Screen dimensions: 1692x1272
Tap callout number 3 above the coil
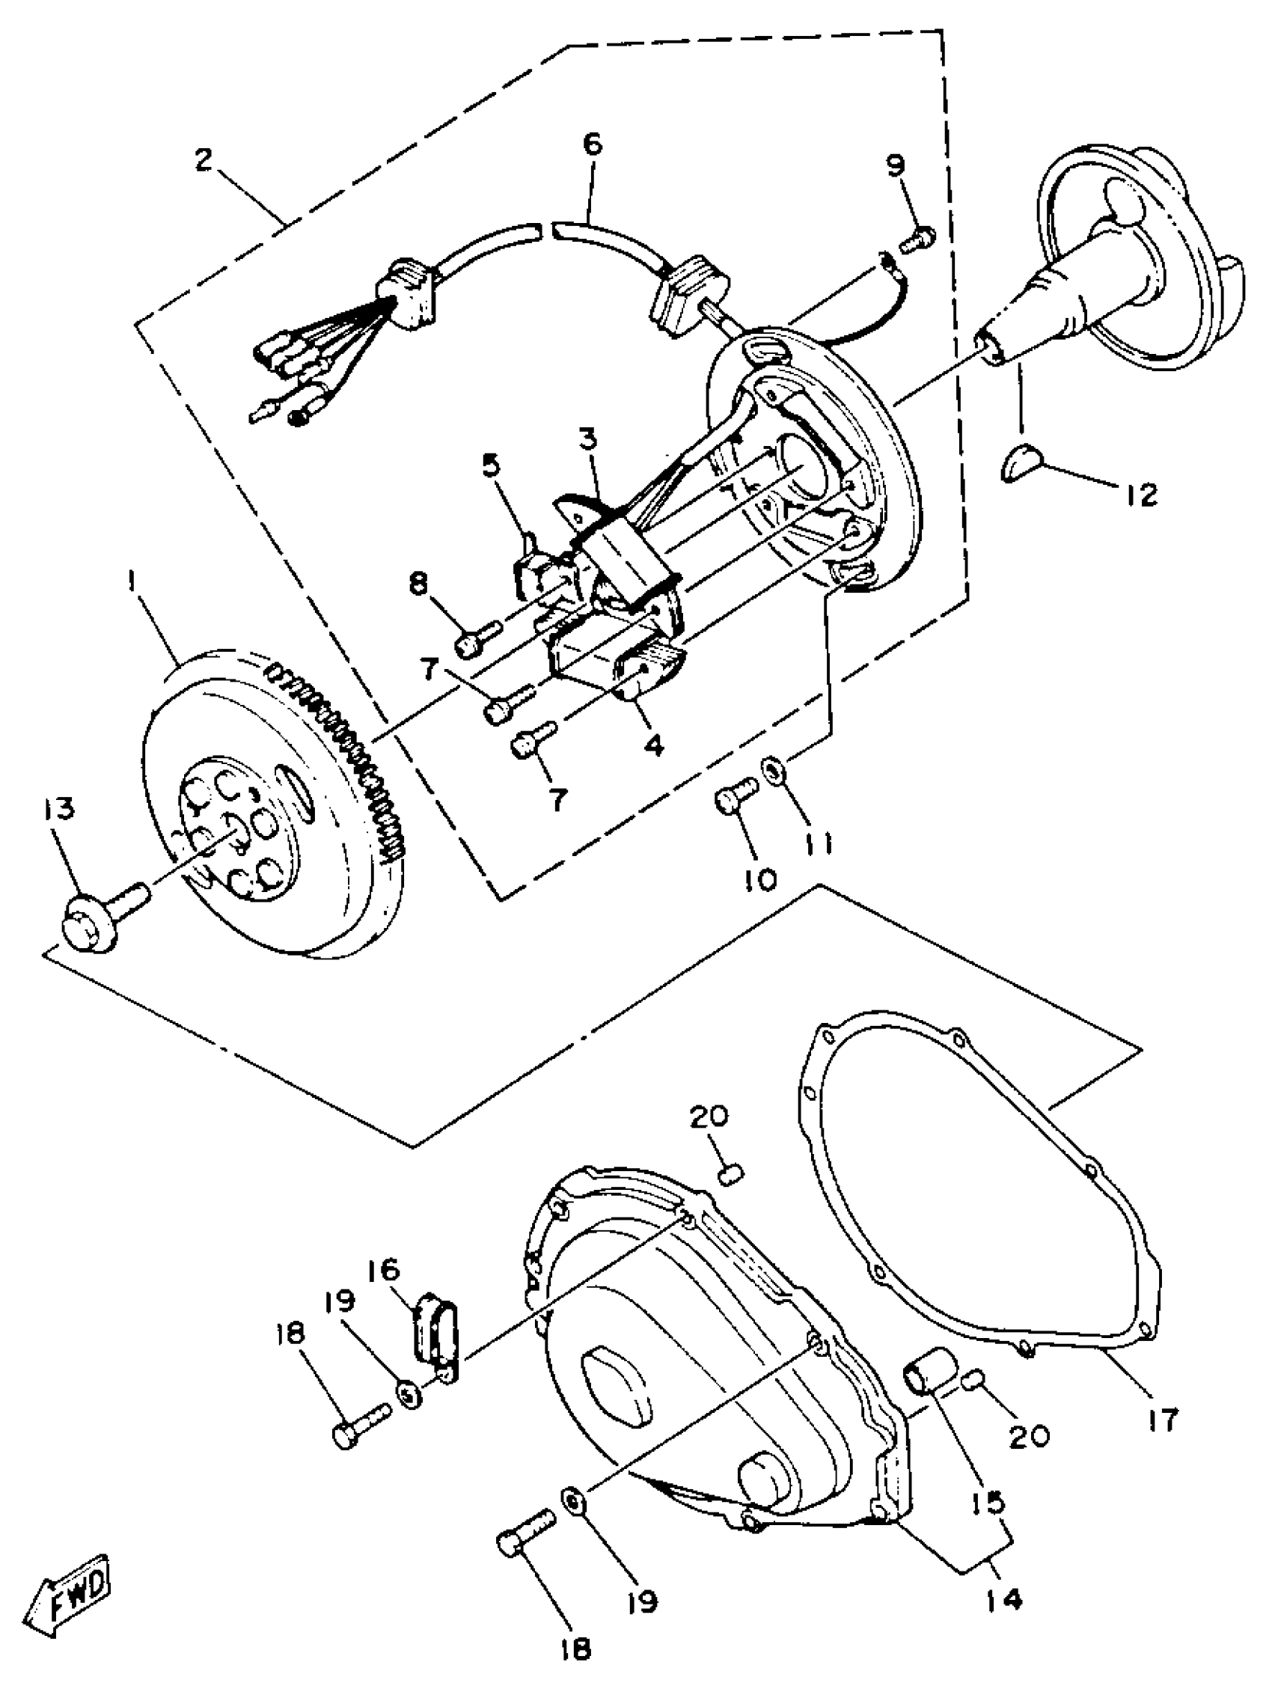(x=588, y=442)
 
